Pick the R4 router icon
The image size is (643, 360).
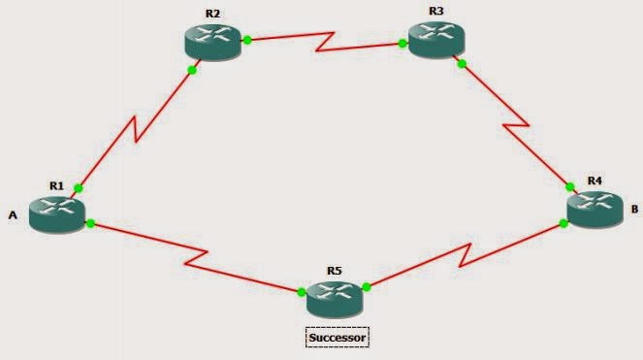[x=595, y=209]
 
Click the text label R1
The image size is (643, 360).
[x=56, y=183]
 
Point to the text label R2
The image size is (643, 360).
[x=212, y=15]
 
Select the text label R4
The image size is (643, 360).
[x=595, y=180]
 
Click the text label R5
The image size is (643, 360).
[x=334, y=270]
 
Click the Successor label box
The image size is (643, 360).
[x=338, y=337]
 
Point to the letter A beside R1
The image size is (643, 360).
[x=13, y=216]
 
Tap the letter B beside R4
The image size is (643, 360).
[x=633, y=208]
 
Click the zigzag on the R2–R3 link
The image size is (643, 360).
[x=325, y=41]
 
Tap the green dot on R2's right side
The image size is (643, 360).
[x=248, y=40]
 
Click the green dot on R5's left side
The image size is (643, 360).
[x=302, y=291]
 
